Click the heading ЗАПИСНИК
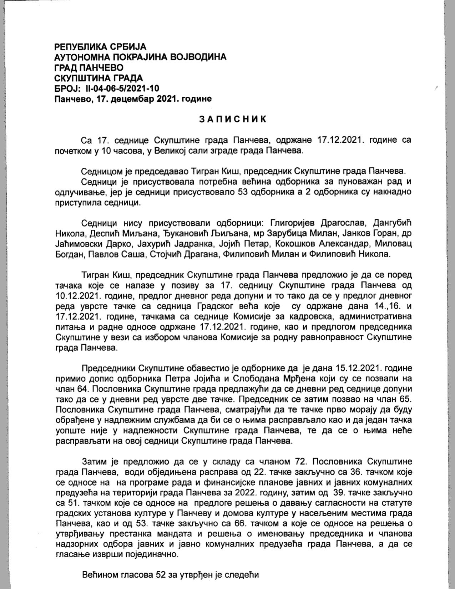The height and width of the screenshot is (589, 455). tap(232, 119)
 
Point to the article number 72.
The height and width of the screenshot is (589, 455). tap(299, 462)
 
